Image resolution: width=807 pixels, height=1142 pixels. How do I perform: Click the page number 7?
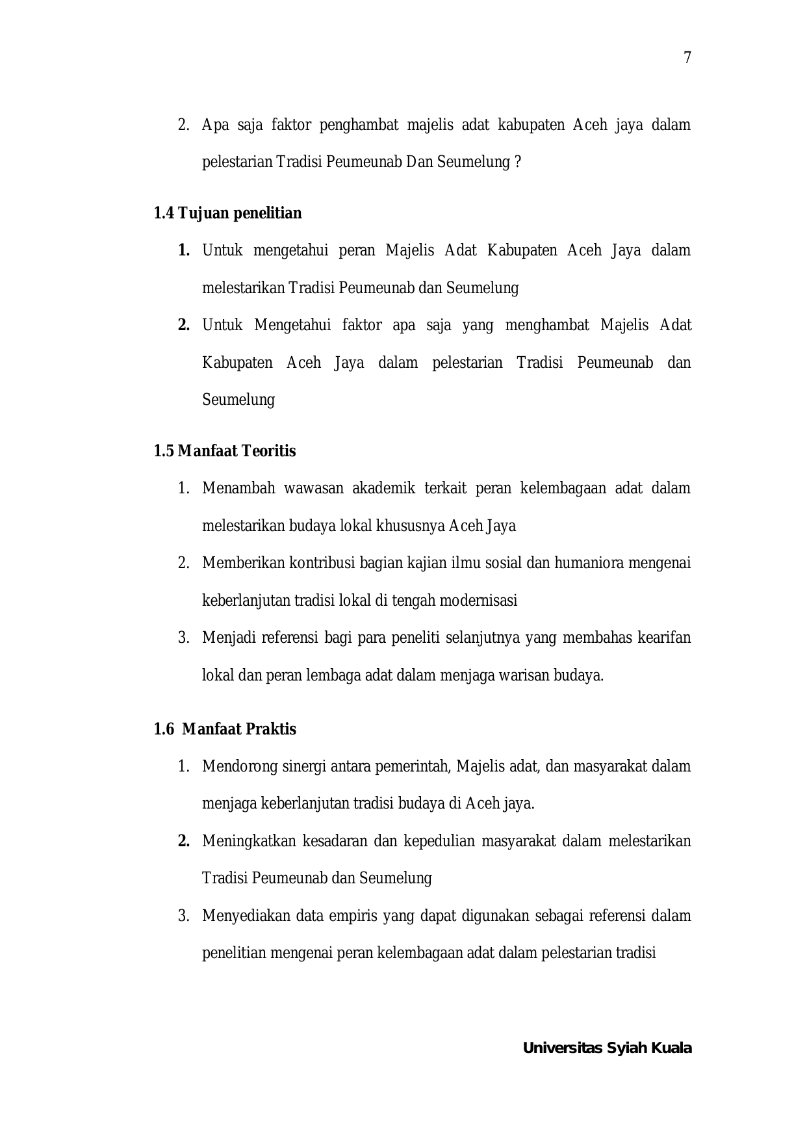[x=687, y=58]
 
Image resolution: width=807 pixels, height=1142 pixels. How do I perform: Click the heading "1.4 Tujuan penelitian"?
[x=227, y=213]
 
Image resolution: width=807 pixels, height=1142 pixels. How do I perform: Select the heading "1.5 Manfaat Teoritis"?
[x=224, y=451]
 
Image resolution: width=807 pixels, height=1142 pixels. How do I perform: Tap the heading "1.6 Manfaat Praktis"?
[x=225, y=729]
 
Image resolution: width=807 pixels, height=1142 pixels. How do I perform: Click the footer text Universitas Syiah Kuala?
[x=607, y=1048]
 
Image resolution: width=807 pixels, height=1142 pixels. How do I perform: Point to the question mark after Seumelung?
[x=517, y=162]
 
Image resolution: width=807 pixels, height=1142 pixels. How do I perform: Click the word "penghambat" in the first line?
[x=359, y=125]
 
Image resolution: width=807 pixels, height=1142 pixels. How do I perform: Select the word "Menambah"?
[x=238, y=488]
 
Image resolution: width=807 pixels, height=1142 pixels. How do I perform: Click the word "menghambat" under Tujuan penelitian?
[x=547, y=325]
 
